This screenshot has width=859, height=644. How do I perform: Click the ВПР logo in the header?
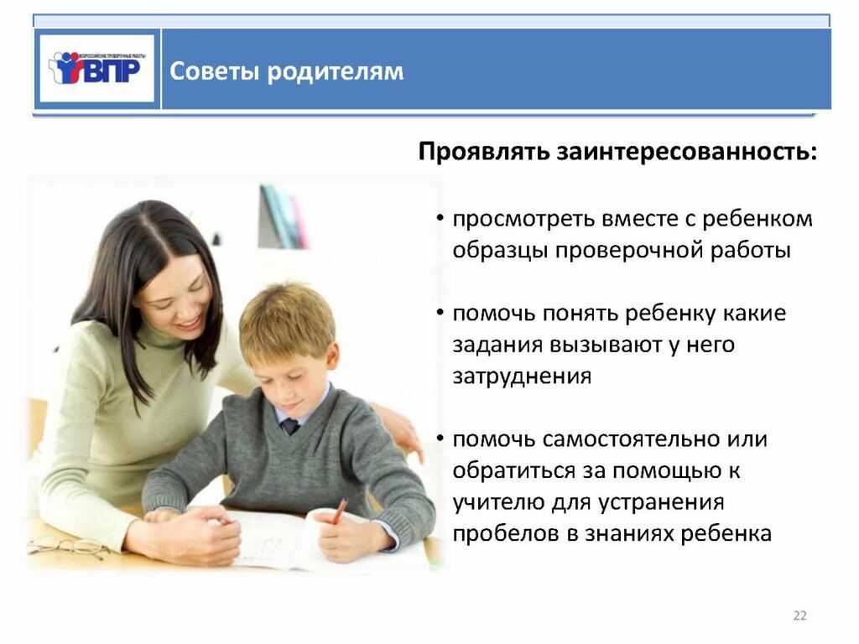pyautogui.click(x=97, y=69)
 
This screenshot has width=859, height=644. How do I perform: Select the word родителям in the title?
pyautogui.click(x=336, y=72)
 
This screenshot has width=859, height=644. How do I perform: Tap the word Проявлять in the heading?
pyautogui.click(x=484, y=152)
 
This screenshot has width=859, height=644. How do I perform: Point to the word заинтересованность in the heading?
pyautogui.click(x=686, y=152)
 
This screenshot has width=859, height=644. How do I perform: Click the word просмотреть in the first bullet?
pyautogui.click(x=524, y=220)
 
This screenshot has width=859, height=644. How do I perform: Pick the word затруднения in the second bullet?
pyautogui.click(x=522, y=377)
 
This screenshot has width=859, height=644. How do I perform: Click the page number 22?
pyautogui.click(x=799, y=615)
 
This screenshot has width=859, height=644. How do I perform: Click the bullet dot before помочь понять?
pyautogui.click(x=440, y=312)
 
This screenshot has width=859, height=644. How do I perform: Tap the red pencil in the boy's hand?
pyautogui.click(x=339, y=511)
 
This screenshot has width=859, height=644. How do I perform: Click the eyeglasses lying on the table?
pyautogui.click(x=67, y=547)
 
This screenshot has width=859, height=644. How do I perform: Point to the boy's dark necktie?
pyautogui.click(x=289, y=426)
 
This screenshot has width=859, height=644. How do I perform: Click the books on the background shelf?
pyautogui.click(x=283, y=217)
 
